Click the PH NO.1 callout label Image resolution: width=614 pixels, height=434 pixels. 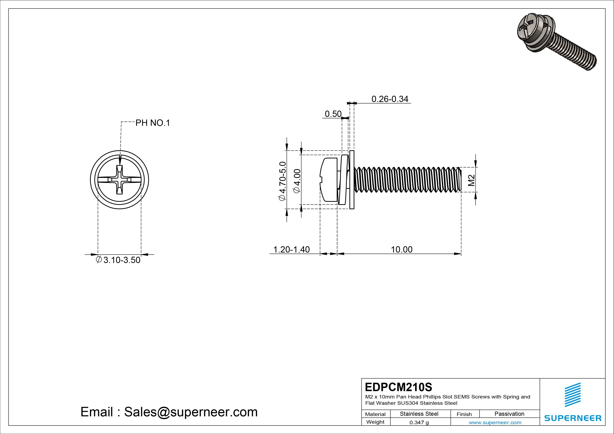[x=153, y=123]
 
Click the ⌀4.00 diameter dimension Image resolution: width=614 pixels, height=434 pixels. [x=297, y=181]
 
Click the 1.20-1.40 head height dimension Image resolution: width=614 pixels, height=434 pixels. [x=291, y=250]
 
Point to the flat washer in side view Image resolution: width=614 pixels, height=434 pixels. [x=352, y=180]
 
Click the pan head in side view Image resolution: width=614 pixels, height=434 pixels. [x=329, y=180]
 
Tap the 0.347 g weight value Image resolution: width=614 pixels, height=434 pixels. [x=419, y=422]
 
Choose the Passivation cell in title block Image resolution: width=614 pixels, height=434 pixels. [x=509, y=414]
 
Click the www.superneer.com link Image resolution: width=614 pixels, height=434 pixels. [x=495, y=422]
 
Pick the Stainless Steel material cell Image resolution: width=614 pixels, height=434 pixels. [x=419, y=414]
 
